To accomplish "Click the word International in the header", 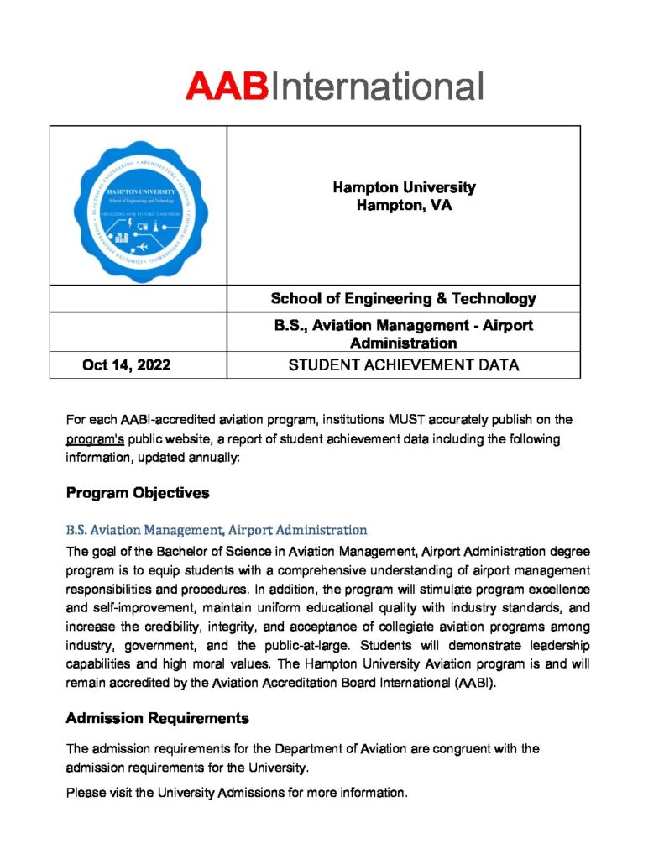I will coord(375,87).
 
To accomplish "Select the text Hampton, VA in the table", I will coord(404,205).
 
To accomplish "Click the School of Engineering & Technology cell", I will coord(403,298).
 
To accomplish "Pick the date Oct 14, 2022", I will coord(127,364).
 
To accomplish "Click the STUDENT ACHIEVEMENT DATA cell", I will coord(403,364).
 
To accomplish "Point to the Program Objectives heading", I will coord(138,493).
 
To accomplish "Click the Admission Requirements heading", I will coord(157,718).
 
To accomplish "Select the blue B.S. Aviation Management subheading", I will coord(216,530).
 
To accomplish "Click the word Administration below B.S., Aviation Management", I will coord(403,343).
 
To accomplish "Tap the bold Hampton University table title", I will coord(404,187).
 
